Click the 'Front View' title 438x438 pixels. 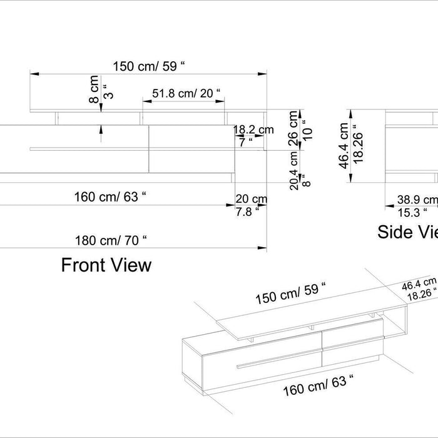pos(106,265)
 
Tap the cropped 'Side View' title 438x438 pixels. pos(407,233)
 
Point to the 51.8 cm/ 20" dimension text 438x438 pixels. pos(186,94)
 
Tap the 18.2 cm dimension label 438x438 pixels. pos(253,130)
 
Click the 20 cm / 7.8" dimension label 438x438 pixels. pos(251,204)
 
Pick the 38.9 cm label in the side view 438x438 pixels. pos(417,200)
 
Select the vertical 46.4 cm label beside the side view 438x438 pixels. pos(344,143)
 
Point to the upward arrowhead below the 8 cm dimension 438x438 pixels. pos(101,128)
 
